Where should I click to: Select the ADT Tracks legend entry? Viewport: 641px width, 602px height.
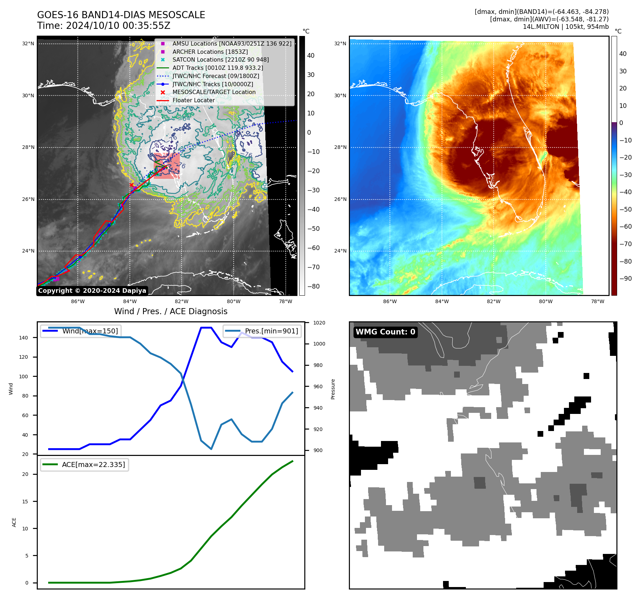click(218, 68)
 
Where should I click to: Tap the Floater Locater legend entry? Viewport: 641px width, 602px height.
click(194, 100)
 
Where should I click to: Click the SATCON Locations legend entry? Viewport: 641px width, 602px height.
click(220, 60)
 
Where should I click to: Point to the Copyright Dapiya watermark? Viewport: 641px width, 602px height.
click(92, 291)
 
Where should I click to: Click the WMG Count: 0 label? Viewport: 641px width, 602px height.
click(385, 332)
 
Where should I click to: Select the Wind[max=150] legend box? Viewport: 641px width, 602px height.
click(80, 331)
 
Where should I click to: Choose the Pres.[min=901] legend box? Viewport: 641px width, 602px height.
click(262, 331)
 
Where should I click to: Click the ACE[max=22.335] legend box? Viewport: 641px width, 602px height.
click(85, 465)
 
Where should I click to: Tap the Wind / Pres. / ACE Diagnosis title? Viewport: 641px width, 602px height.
click(171, 311)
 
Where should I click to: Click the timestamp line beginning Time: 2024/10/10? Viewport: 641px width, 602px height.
click(103, 26)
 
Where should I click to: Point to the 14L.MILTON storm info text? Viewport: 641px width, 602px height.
click(565, 27)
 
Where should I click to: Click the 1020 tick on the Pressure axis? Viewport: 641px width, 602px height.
click(319, 323)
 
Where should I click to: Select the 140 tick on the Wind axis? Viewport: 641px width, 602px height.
click(23, 338)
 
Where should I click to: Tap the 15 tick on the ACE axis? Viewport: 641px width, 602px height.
click(25, 502)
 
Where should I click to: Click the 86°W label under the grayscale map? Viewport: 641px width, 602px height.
click(78, 301)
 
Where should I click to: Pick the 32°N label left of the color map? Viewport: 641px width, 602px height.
click(340, 44)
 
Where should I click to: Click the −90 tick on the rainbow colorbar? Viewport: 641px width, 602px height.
click(625, 279)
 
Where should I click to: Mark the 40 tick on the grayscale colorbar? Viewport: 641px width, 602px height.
click(311, 56)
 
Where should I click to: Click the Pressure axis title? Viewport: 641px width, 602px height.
click(333, 389)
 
